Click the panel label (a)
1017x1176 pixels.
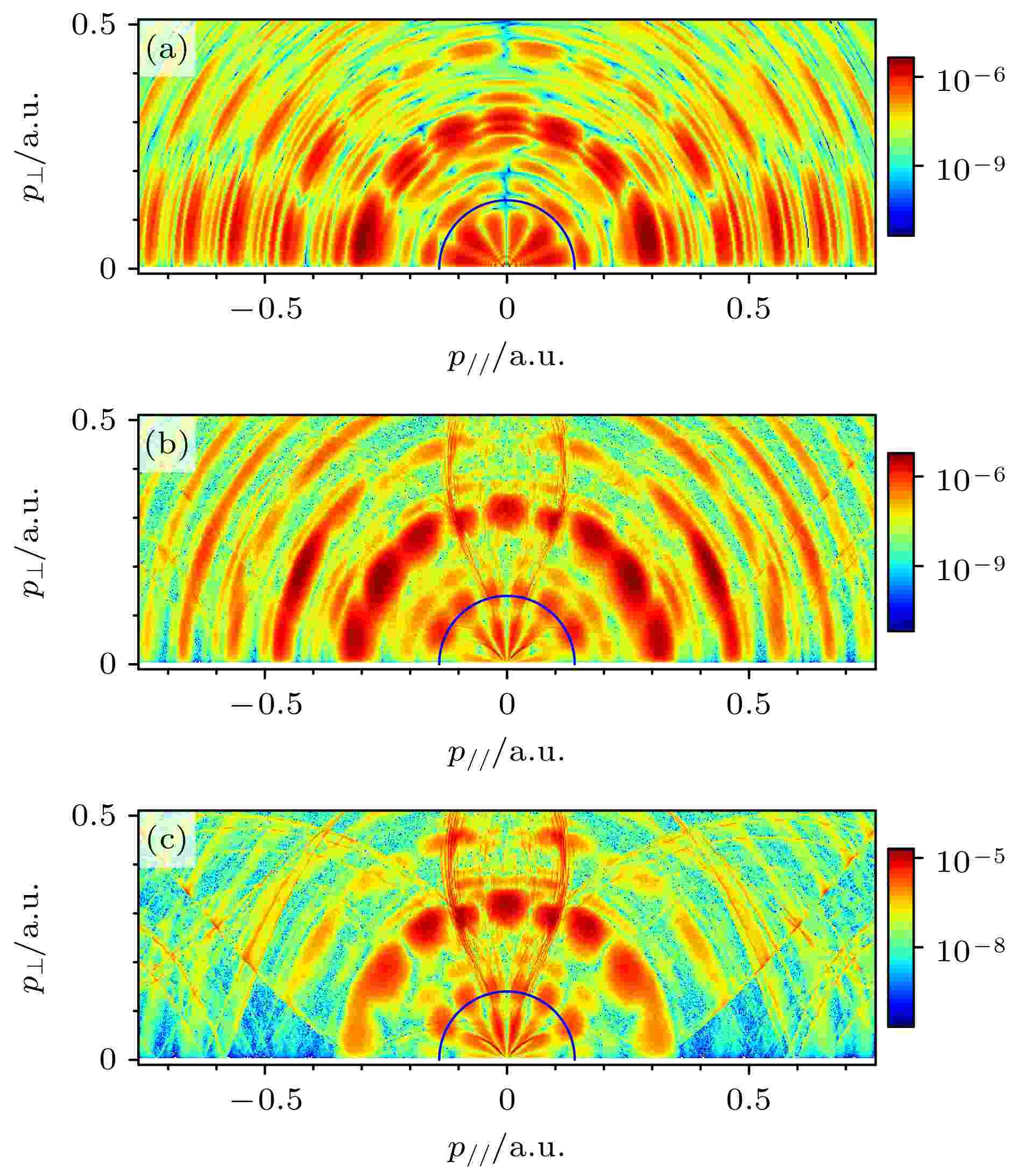click(x=166, y=50)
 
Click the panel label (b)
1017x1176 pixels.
click(x=166, y=445)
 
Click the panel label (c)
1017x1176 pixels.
click(x=166, y=841)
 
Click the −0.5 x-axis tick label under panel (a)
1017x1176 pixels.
click(x=265, y=309)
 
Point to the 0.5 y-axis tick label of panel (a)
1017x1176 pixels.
click(x=94, y=25)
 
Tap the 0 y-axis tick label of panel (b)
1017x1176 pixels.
click(x=108, y=664)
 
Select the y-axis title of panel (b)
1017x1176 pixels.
click(x=34, y=542)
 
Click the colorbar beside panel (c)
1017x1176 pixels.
click(x=900, y=937)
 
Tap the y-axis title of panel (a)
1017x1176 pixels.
click(x=34, y=146)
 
